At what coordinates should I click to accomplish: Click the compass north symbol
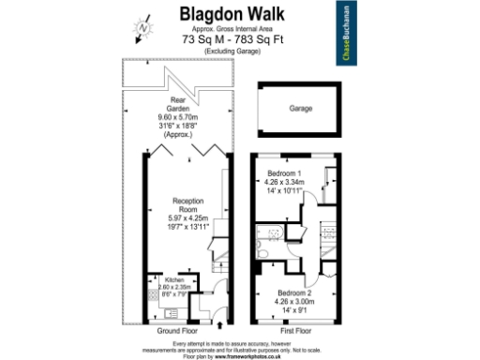(x=143, y=28)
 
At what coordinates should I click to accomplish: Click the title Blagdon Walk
(x=239, y=14)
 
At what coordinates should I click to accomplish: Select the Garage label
(x=301, y=108)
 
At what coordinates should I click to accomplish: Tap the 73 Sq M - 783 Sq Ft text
(x=239, y=39)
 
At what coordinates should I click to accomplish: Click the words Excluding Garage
(x=239, y=50)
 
